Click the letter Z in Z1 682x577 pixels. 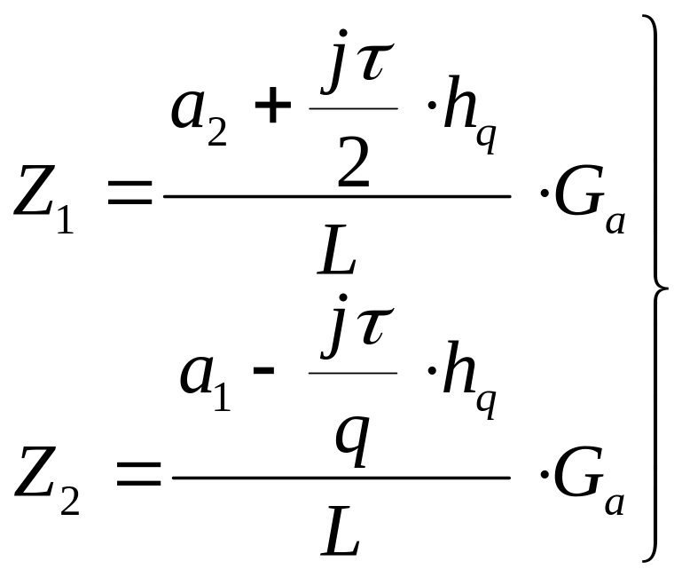35,191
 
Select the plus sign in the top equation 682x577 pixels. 273,105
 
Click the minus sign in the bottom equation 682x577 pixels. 263,370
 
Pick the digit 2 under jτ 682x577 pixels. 353,162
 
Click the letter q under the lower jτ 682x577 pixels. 352,441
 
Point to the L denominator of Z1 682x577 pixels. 337,249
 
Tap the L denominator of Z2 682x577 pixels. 341,531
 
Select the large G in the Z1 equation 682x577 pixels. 579,191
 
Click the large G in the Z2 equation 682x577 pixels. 579,471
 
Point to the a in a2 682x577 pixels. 188,110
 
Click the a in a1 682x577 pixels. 197,375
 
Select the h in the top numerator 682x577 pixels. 459,103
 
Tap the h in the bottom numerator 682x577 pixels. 459,368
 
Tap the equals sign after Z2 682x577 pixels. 138,473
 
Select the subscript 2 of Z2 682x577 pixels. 69,502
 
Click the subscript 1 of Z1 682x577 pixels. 66,220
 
